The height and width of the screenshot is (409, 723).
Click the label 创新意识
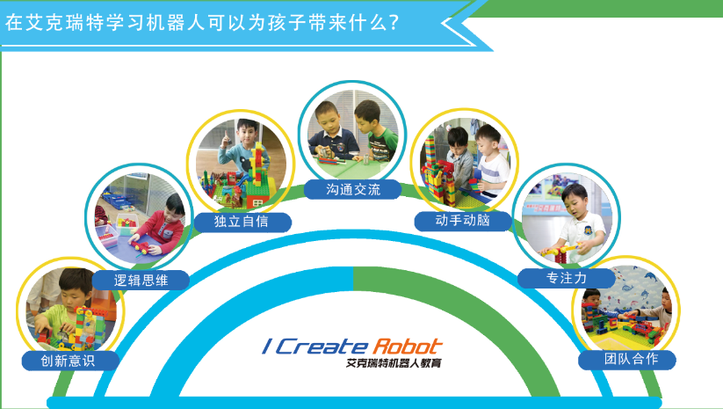click(68, 361)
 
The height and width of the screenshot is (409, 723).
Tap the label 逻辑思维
click(141, 281)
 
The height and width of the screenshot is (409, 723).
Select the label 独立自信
click(242, 222)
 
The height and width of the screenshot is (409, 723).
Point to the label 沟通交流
click(353, 189)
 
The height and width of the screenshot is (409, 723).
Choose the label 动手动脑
click(462, 220)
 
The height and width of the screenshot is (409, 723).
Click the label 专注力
click(567, 278)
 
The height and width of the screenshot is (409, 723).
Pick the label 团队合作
click(632, 359)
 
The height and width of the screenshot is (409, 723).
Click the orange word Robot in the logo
click(407, 347)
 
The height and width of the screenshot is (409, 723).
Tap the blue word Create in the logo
click(322, 347)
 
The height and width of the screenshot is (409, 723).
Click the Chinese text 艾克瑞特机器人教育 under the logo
click(394, 363)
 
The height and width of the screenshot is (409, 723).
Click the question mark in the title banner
click(394, 23)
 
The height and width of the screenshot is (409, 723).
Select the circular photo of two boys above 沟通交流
click(353, 134)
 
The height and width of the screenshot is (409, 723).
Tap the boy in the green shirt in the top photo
click(374, 132)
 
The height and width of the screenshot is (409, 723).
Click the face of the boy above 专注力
click(573, 203)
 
